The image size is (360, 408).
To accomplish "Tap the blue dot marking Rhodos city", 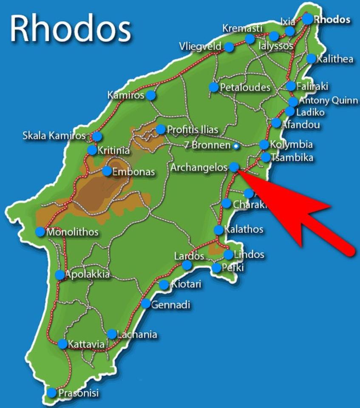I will coord(308,19).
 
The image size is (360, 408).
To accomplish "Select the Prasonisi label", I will coord(78,393).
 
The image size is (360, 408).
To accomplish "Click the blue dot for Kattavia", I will coord(62,344).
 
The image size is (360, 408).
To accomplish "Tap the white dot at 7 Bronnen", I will coord(236,146).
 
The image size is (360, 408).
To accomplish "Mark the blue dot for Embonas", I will coord(107,171).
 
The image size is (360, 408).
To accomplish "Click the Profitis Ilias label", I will coord(193,129).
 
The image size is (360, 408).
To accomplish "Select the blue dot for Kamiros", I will coord(151,95).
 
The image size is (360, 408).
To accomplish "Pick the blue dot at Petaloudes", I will coord(213,87).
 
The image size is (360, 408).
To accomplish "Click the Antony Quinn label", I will coord(326,101).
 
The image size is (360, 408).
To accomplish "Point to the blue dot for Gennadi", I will coord(145,303).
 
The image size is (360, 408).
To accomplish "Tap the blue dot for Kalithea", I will coord(311,59).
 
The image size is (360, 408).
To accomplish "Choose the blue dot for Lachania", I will coord(111,334).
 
